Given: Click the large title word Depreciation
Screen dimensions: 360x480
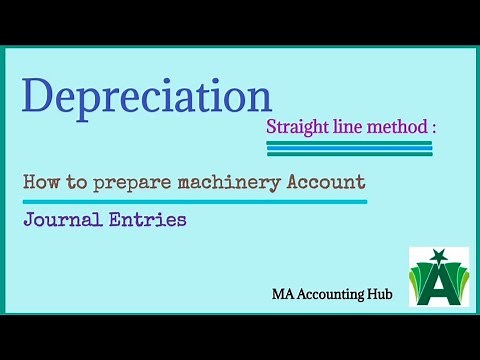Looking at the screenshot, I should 146,96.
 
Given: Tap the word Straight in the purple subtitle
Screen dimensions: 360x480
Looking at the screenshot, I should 296,128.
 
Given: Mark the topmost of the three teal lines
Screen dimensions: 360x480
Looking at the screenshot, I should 349,143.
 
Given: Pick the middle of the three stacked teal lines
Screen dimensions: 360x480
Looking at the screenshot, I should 349,149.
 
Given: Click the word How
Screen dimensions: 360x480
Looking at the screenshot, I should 41,182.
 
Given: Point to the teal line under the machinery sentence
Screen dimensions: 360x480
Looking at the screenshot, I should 195,201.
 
